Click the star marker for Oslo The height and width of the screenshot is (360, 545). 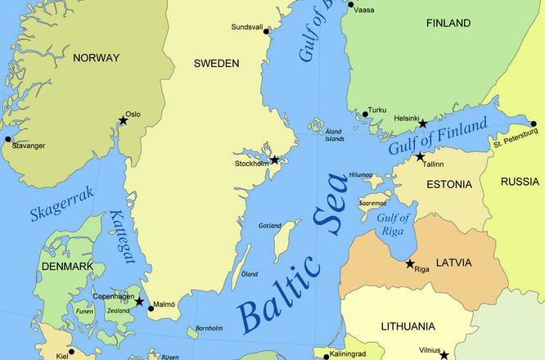pyautogui.click(x=123, y=121)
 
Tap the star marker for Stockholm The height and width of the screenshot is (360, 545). pyautogui.click(x=275, y=160)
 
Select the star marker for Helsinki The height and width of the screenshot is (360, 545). pyautogui.click(x=423, y=124)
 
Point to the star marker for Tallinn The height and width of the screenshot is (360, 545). pyautogui.click(x=421, y=156)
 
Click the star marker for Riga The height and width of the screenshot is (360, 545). pyautogui.click(x=410, y=263)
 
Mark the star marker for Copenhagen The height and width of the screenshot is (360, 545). pyautogui.click(x=139, y=302)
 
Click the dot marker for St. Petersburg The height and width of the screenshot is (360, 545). pyautogui.click(x=534, y=124)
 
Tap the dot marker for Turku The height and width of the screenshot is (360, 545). pyautogui.click(x=365, y=115)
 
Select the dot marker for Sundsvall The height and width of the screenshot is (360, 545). pyautogui.click(x=270, y=32)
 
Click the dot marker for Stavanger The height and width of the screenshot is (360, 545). pyautogui.click(x=8, y=139)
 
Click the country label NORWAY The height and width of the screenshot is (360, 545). pyautogui.click(x=96, y=58)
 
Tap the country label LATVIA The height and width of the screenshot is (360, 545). pyautogui.click(x=453, y=263)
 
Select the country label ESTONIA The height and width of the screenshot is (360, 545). pyautogui.click(x=449, y=186)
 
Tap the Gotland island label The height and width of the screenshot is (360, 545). pyautogui.click(x=269, y=226)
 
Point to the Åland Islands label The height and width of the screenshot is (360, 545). pyautogui.click(x=334, y=135)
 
